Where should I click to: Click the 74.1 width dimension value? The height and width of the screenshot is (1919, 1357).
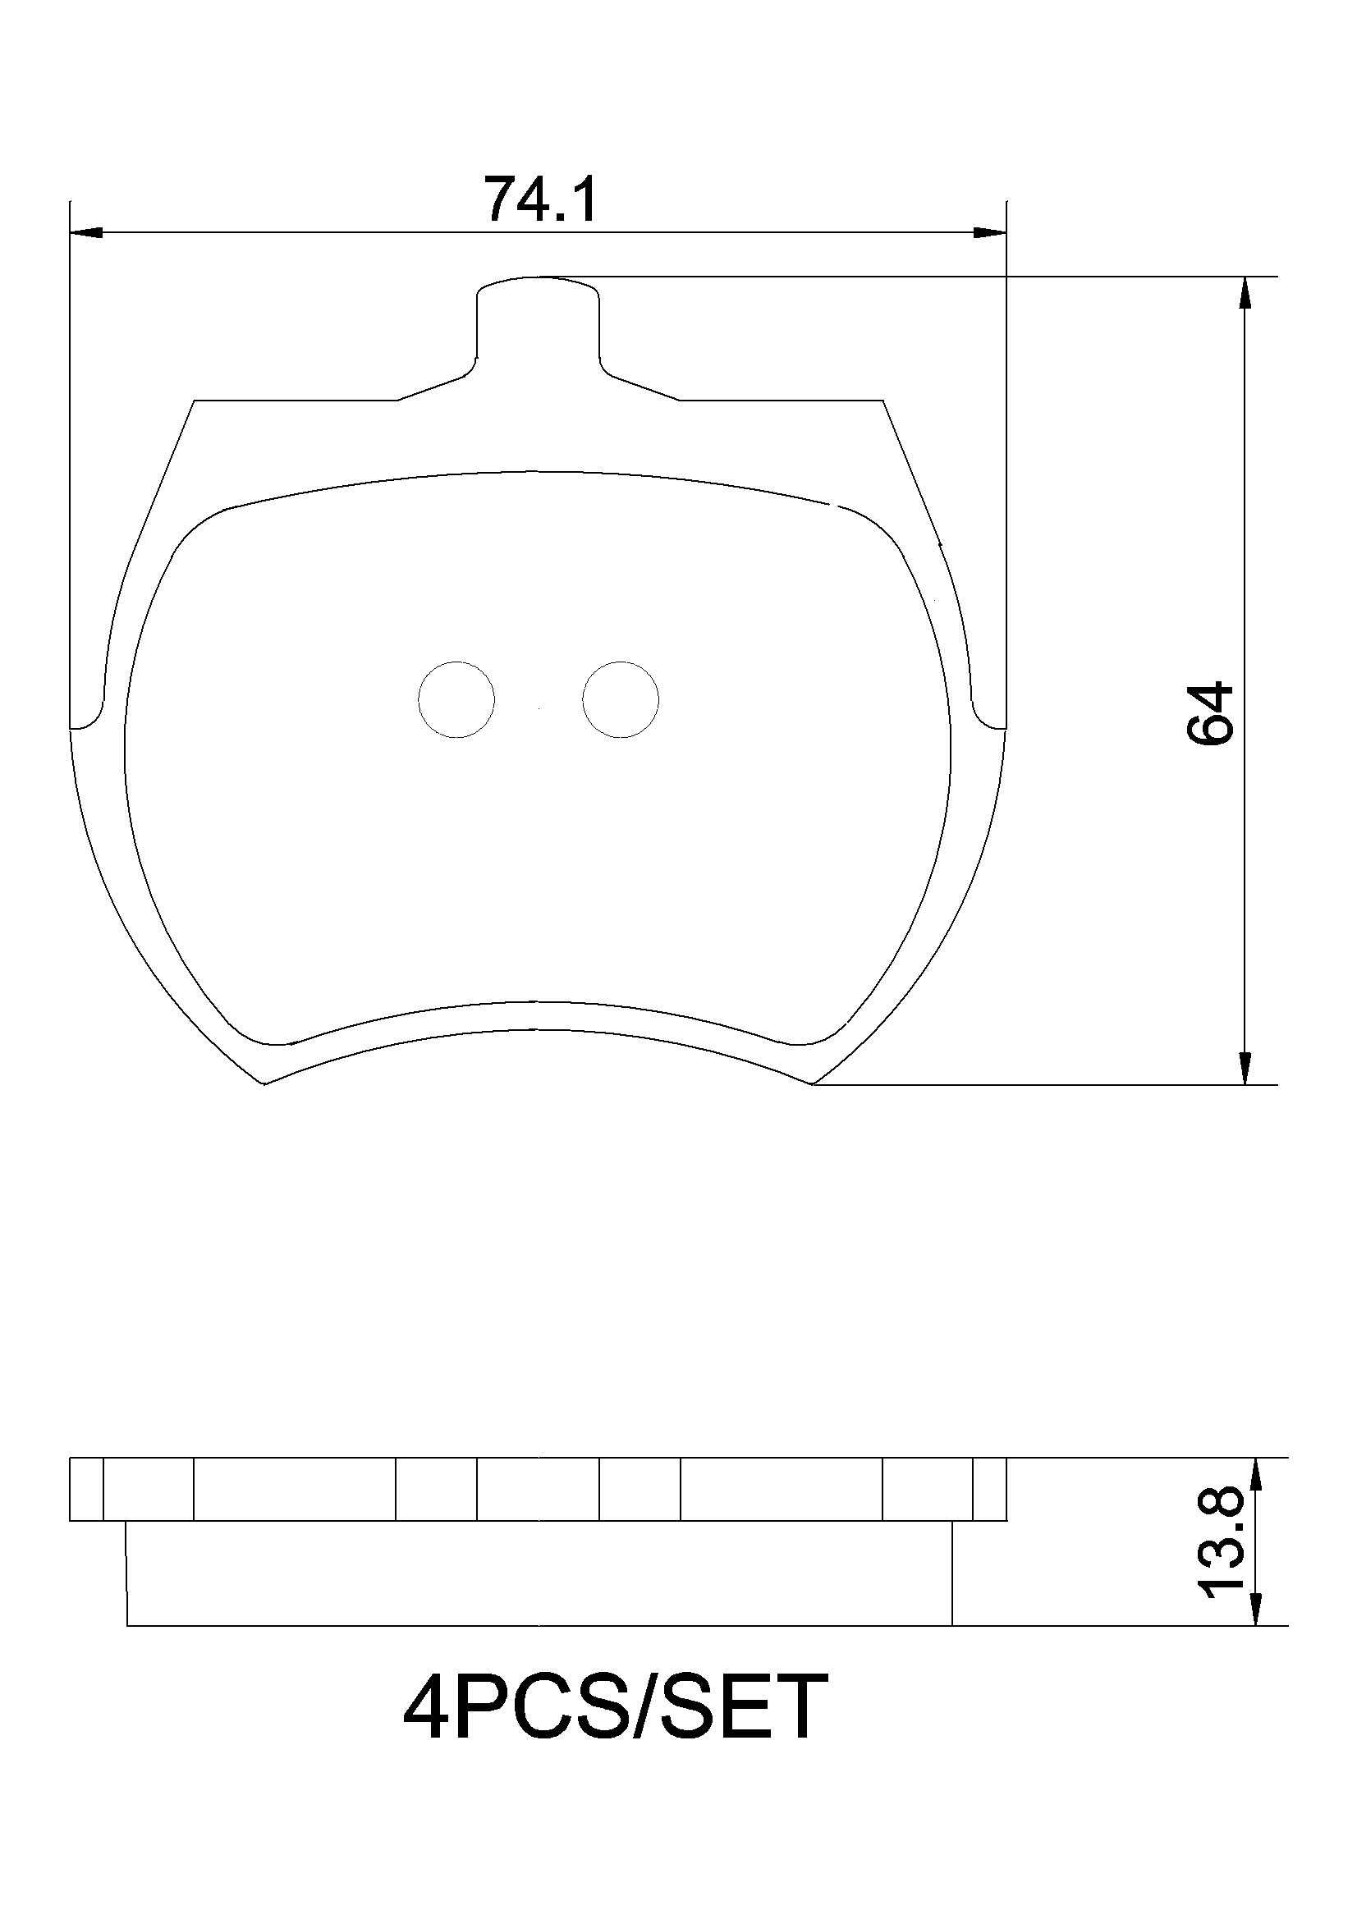coord(542,200)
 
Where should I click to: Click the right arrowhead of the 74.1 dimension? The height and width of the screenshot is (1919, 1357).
coord(991,232)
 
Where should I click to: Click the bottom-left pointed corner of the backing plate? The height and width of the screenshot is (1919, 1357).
coord(264,1084)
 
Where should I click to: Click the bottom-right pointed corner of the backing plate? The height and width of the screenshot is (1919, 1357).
coord(813,1084)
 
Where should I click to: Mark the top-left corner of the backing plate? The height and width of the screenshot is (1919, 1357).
coord(195,401)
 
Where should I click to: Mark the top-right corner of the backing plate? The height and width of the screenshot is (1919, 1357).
coord(883,401)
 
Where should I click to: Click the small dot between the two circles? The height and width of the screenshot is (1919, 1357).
coord(539,710)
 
